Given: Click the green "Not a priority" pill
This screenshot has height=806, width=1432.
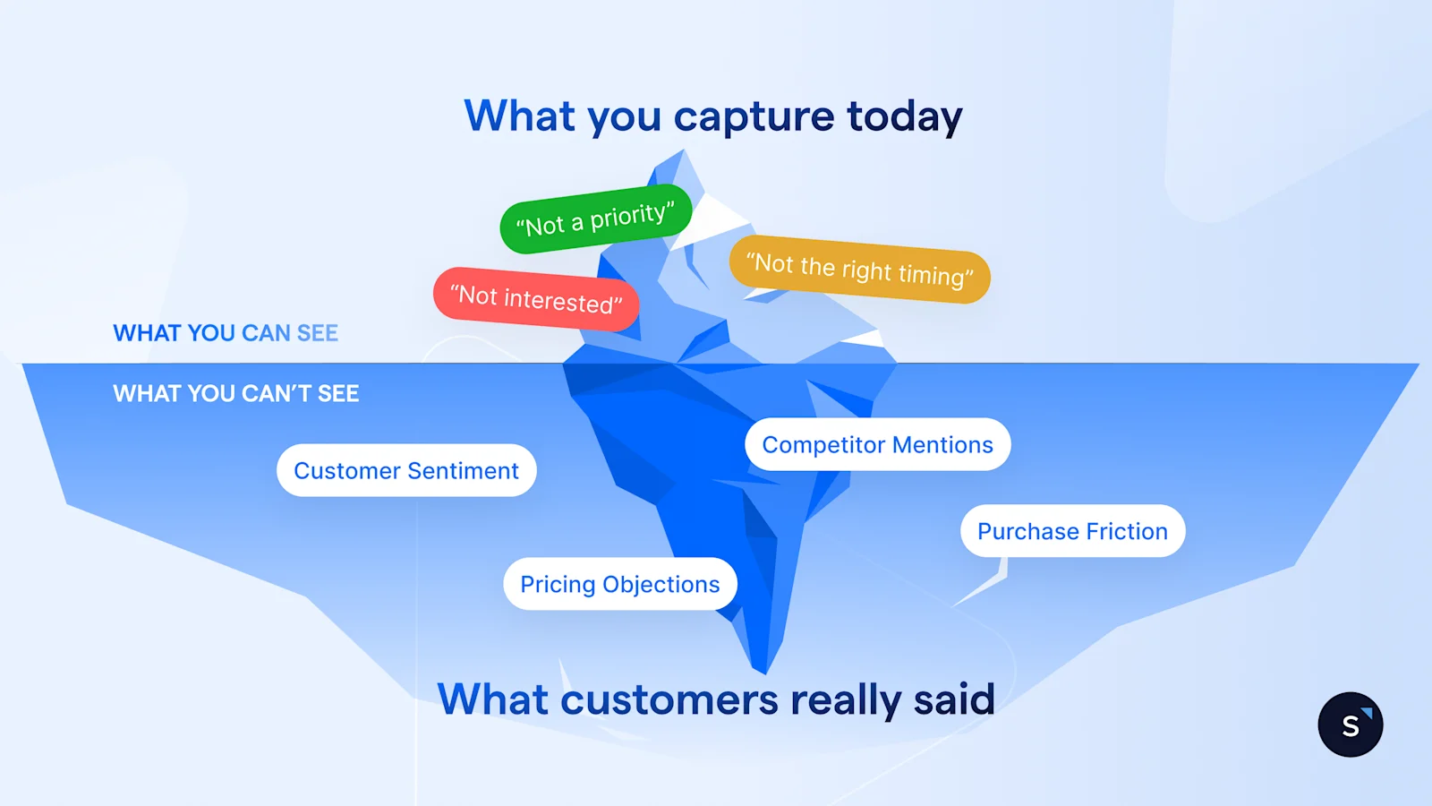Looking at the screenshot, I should pos(595,219).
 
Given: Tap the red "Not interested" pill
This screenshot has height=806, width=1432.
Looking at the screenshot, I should pos(536,299).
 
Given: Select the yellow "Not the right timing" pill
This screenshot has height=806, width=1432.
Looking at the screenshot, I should pos(860,270).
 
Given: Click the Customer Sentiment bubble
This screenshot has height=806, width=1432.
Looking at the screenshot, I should pos(406,471).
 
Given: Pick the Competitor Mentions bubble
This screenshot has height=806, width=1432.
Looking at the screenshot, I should pos(877,445).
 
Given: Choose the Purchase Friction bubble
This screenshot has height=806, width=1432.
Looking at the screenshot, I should pos(1072,531).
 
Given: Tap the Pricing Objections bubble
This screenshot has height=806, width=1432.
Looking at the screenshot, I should pos(619,584).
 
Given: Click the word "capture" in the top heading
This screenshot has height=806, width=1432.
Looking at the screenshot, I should pos(754,117).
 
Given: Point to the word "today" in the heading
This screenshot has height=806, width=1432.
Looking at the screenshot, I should pos(904,117).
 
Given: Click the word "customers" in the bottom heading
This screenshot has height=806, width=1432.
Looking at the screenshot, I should pos(669,700).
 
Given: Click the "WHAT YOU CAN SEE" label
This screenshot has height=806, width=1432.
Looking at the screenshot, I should pos(226,333).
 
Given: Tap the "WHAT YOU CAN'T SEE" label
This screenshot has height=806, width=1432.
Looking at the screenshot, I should pos(235,393).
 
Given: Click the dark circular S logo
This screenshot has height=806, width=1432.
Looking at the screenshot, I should pos(1350,725).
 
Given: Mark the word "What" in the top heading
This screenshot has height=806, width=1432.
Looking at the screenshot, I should pos(520,116).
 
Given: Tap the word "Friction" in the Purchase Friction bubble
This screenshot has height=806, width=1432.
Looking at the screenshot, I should pos(1127,531).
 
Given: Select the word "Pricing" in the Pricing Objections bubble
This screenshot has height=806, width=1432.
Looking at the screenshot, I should pos(558,585).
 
